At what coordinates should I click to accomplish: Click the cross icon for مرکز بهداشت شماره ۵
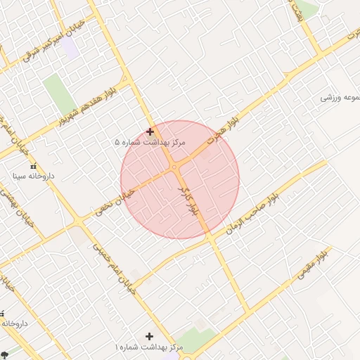150,131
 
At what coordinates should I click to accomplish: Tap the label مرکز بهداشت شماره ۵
150,142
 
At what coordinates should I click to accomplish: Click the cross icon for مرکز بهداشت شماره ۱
149,337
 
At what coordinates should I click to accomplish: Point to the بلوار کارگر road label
190,202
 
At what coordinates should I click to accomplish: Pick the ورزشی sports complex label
340,97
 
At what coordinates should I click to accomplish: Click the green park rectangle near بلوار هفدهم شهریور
56,91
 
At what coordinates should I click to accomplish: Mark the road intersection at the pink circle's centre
176,169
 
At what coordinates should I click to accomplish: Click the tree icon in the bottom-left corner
5,354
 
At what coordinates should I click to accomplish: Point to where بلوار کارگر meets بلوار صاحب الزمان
210,238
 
